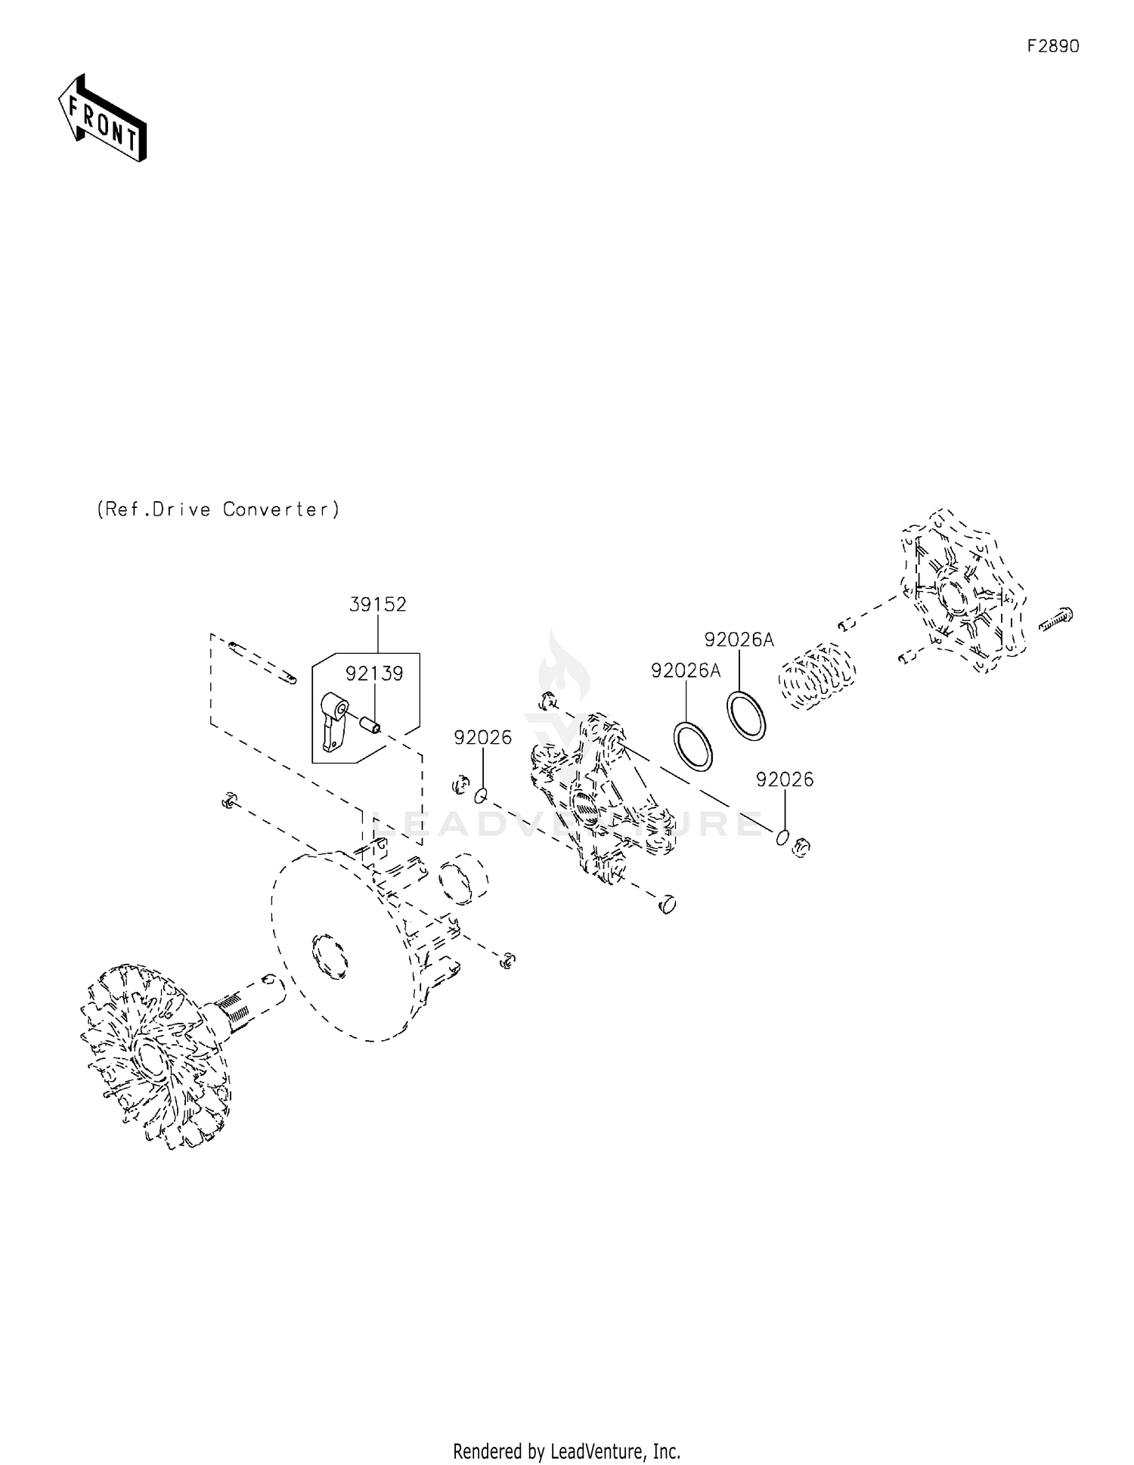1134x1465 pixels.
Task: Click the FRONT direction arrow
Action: click(x=102, y=119)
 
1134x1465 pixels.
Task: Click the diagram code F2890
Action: click(x=1053, y=46)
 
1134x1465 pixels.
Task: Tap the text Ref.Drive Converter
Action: click(x=218, y=509)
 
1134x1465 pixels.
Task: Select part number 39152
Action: click(x=377, y=605)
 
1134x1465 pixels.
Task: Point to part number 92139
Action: click(x=374, y=674)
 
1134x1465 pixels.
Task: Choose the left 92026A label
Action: click(x=686, y=671)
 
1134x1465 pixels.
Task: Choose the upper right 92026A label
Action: click(x=739, y=640)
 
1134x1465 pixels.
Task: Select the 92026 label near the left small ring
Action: click(x=482, y=738)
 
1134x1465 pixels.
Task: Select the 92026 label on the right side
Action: click(x=785, y=779)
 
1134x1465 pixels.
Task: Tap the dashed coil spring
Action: click(x=818, y=675)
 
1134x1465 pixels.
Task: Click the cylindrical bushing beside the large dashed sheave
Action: click(x=463, y=879)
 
